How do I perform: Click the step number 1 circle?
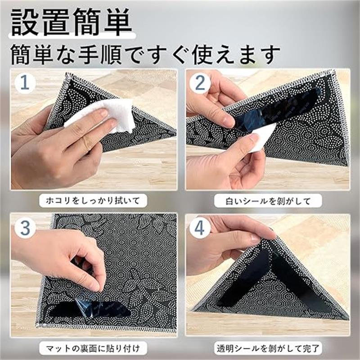[25, 83]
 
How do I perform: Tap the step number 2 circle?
[200, 83]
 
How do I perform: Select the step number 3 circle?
[25, 228]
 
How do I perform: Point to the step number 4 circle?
[200, 228]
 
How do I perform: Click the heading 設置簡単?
[72, 22]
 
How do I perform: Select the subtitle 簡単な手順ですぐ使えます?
[145, 54]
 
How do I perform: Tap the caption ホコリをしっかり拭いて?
[93, 201]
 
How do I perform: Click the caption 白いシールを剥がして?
[268, 201]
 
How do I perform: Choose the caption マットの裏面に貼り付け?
[93, 348]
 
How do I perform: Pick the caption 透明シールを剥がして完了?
[268, 348]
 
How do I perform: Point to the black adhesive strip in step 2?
[275, 108]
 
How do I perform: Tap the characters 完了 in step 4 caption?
[311, 348]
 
